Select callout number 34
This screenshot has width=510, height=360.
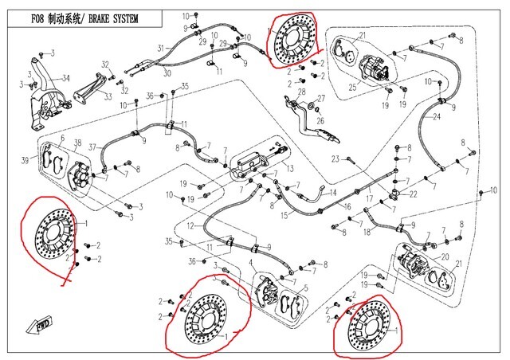[66, 77]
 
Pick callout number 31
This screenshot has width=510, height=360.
[160, 49]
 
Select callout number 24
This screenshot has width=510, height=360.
[437, 117]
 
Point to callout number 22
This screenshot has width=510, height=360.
[415, 195]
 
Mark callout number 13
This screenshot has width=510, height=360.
[291, 168]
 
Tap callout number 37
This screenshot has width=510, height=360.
[92, 147]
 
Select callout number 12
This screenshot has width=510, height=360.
[190, 227]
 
